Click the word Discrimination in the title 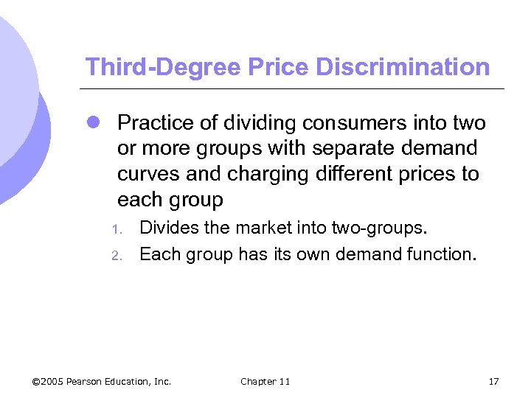tap(403, 67)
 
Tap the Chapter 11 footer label tap(265, 381)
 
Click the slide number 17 tap(493, 381)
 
